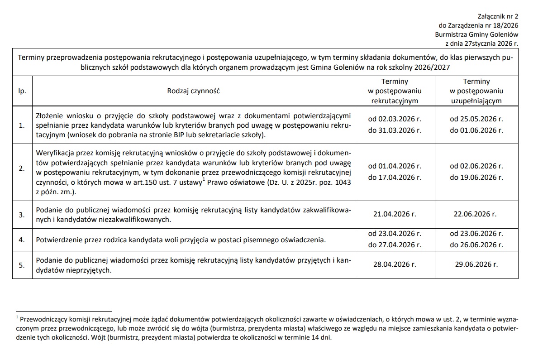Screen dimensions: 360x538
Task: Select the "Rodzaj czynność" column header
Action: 193,91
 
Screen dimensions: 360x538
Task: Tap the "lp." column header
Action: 22,91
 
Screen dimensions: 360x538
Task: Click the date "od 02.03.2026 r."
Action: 395,120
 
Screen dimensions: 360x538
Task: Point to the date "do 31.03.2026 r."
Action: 395,130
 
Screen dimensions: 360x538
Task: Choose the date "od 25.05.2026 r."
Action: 476,120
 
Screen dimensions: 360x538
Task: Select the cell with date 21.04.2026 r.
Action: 395,214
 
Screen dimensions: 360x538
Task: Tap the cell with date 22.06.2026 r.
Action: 476,214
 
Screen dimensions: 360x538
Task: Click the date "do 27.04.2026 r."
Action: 395,245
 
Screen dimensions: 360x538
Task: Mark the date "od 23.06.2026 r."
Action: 476,234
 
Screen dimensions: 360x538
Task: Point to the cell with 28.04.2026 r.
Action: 395,264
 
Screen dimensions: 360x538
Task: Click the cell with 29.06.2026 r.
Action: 476,264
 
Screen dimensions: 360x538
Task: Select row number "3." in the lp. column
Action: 22,215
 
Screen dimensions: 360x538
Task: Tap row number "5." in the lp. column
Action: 22,265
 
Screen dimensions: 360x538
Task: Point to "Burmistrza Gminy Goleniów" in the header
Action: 476,34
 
